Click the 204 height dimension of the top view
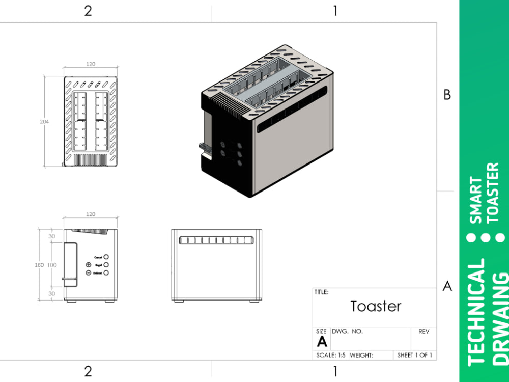click(46, 122)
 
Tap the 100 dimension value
click(52, 265)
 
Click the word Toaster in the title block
click(376, 306)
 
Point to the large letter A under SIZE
click(322, 341)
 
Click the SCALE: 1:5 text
click(331, 355)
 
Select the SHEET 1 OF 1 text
click(414, 355)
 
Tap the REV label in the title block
click(423, 332)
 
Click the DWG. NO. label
click(347, 332)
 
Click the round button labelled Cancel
click(106, 257)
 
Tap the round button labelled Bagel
click(106, 265)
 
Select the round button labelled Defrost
click(106, 273)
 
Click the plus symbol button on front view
click(88, 265)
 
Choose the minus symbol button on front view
click(88, 273)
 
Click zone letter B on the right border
click(447, 95)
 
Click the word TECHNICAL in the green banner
click(476, 312)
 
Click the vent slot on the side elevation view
click(216, 240)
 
